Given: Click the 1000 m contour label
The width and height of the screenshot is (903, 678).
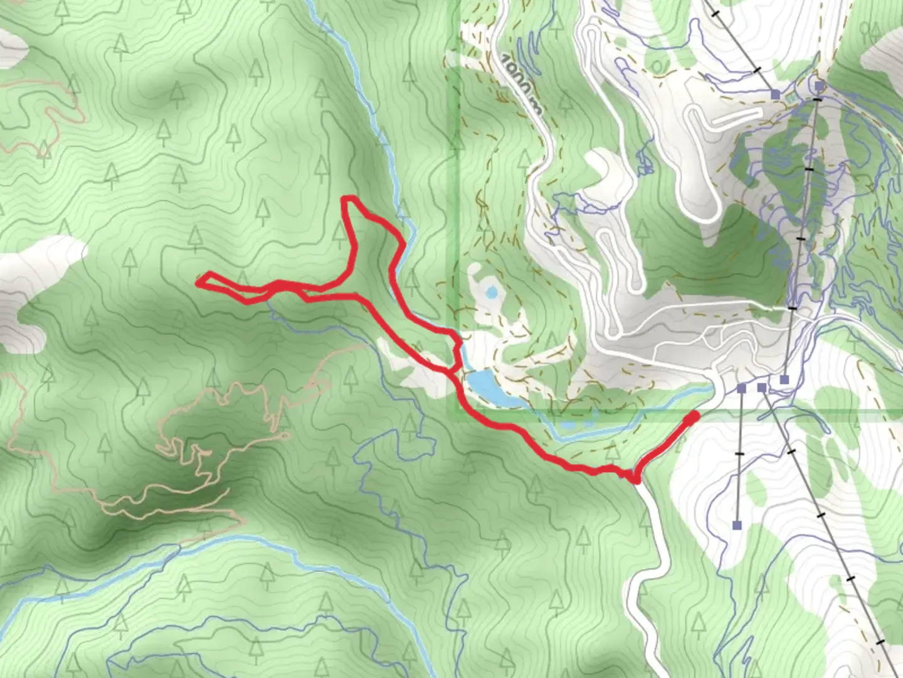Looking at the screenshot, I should point(522,82).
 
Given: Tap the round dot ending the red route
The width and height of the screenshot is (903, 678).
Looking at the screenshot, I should point(693,417).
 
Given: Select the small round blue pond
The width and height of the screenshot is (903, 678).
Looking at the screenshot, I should point(492,292).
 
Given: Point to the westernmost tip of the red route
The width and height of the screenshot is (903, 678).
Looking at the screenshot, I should point(198,283).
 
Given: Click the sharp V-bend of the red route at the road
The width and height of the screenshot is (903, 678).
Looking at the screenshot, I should point(636,480).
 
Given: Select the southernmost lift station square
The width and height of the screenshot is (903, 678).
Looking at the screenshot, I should point(737,525).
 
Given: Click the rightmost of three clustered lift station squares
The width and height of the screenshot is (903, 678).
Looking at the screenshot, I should point(784,379).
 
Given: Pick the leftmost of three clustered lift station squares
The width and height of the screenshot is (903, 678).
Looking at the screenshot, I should point(742,389).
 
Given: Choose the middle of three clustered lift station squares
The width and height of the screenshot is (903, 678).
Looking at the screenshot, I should point(761,387).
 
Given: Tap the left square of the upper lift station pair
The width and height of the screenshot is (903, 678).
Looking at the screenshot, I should point(776,94).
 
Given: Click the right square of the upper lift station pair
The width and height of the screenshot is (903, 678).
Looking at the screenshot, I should point(819,85).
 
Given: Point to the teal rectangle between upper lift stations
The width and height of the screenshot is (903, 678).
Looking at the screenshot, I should point(790,99).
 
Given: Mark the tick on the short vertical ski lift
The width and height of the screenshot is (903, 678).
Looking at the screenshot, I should point(739,453).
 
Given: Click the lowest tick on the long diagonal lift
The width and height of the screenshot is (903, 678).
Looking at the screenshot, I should point(881,642).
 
